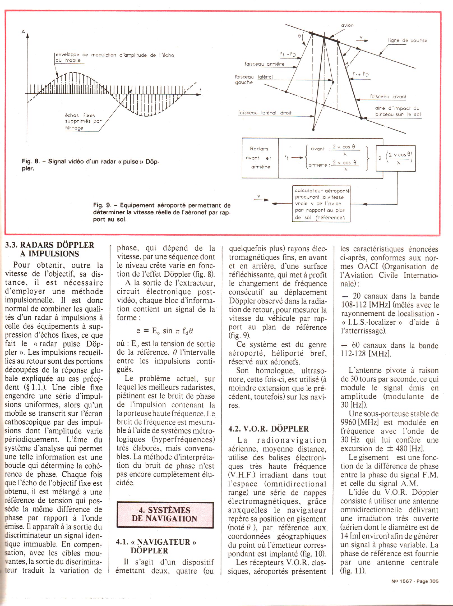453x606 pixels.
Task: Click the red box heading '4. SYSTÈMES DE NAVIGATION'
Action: pyautogui.click(x=165, y=514)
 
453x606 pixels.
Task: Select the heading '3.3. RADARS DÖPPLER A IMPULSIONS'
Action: pyautogui.click(x=50, y=249)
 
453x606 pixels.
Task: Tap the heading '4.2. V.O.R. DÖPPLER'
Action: pyautogui.click(x=269, y=429)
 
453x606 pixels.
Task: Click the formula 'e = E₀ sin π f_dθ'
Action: pyautogui.click(x=165, y=331)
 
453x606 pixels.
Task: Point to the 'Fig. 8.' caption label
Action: pyautogui.click(x=30, y=162)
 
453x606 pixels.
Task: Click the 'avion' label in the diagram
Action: pyautogui.click(x=347, y=26)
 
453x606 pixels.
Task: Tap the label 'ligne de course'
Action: pyautogui.click(x=408, y=41)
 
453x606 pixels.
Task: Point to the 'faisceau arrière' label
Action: pyautogui.click(x=264, y=64)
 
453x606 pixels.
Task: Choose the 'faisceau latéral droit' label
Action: pyautogui.click(x=265, y=113)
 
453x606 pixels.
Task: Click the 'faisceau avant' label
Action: pyautogui.click(x=388, y=97)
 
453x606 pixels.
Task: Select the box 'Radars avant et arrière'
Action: pyautogui.click(x=260, y=158)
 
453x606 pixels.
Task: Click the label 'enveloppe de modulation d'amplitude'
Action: pyautogui.click(x=114, y=55)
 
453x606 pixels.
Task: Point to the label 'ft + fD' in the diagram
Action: pyautogui.click(x=361, y=75)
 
